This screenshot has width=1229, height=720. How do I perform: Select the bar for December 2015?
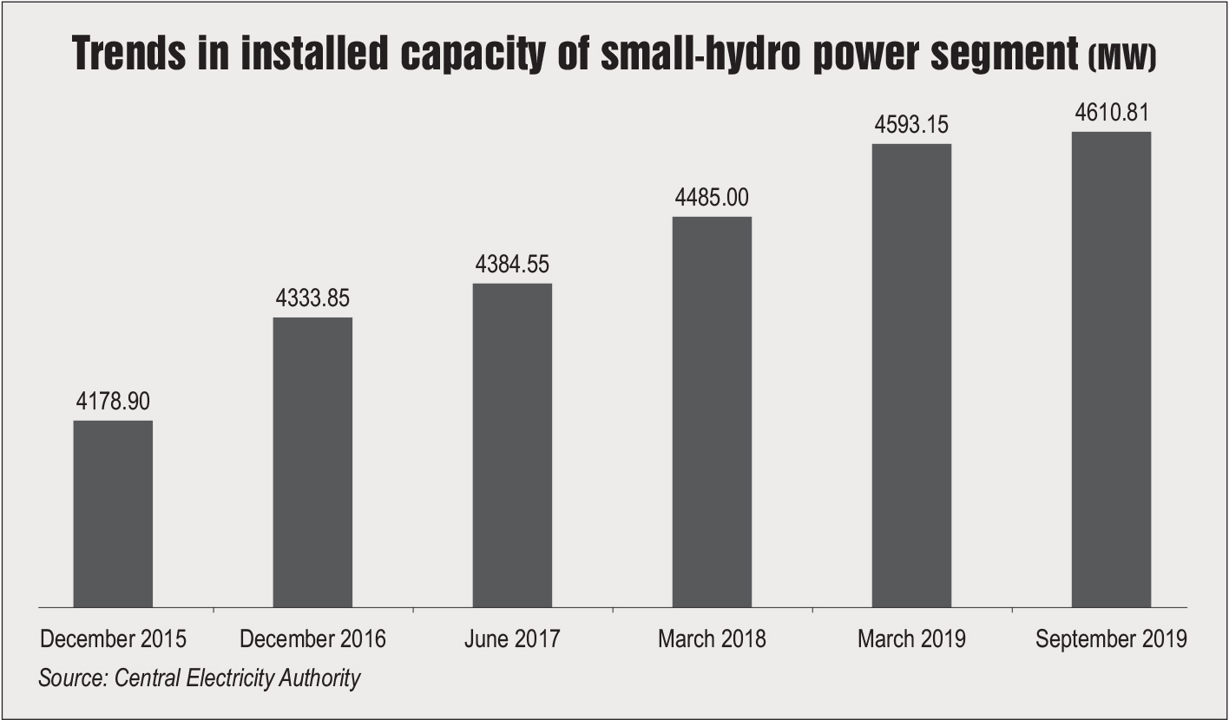[113, 514]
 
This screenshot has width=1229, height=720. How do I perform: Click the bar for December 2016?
[312, 461]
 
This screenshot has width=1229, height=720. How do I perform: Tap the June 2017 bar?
[512, 445]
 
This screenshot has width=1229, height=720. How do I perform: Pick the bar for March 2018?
[712, 411]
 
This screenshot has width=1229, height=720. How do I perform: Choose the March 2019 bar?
[911, 375]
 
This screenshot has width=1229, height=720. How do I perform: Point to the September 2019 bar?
[1111, 369]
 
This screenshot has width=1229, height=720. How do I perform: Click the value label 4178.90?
[113, 402]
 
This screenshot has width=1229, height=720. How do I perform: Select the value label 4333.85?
[312, 299]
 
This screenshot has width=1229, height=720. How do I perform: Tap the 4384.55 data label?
[512, 265]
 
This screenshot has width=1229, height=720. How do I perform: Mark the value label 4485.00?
[712, 198]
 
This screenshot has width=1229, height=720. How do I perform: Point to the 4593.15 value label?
[911, 125]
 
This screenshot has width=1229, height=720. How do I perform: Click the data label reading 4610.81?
[1111, 114]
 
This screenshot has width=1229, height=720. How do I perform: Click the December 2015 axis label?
[113, 640]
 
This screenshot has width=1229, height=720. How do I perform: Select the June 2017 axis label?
[512, 640]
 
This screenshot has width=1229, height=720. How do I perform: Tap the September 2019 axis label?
[1111, 640]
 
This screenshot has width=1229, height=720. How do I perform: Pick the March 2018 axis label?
[712, 640]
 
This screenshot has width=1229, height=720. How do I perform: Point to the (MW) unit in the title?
[1122, 58]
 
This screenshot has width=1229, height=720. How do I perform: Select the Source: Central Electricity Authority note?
[199, 677]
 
